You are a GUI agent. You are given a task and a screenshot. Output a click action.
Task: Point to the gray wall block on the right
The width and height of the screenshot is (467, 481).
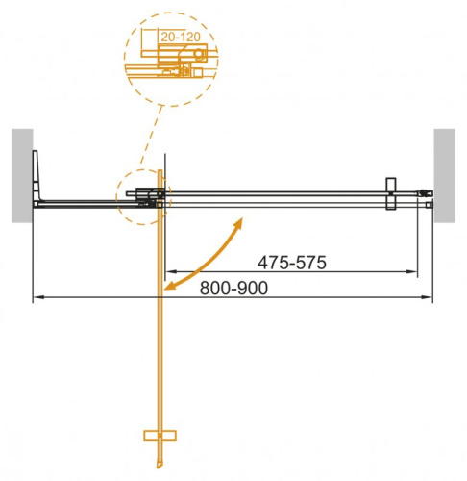click(x=445, y=175)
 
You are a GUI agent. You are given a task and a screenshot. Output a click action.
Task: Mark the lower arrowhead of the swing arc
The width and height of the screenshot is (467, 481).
click(x=169, y=286)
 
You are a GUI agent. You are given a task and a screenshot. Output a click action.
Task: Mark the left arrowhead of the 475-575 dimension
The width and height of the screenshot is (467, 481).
click(x=171, y=271)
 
